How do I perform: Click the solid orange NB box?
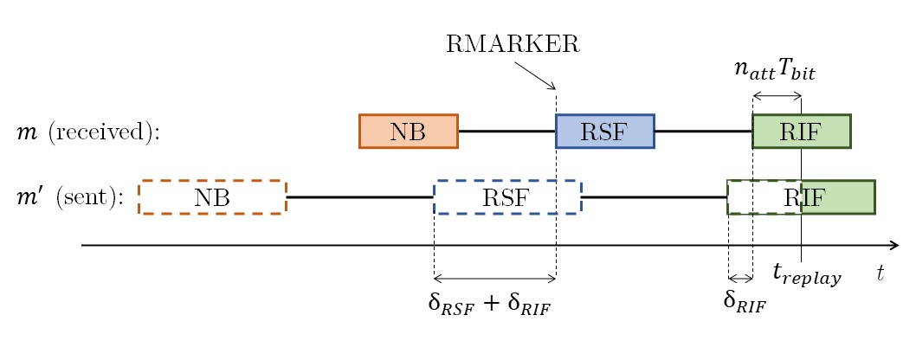click(x=408, y=131)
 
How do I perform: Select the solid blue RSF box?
click(x=604, y=131)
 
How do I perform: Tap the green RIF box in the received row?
click(x=801, y=131)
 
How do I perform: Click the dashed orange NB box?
click(x=212, y=197)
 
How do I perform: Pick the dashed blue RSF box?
click(x=506, y=197)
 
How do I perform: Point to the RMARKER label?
click(x=513, y=45)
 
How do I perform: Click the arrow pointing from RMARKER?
click(x=541, y=79)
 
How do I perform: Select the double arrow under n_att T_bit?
click(x=777, y=95)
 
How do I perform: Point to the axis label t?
click(x=881, y=273)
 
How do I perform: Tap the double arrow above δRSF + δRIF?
click(x=494, y=279)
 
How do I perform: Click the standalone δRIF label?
click(x=745, y=302)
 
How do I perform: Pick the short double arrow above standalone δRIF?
click(x=740, y=279)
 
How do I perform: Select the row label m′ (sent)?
click(x=70, y=197)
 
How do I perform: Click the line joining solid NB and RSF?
click(x=506, y=131)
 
